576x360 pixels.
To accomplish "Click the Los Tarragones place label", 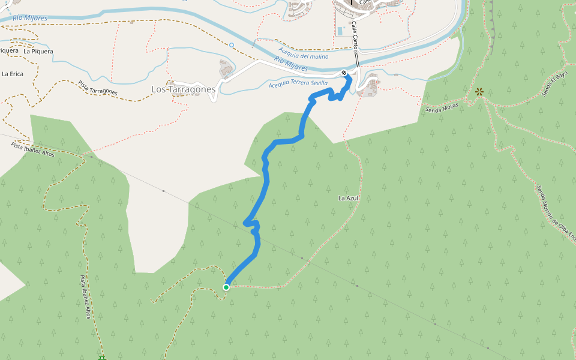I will tap(183, 89).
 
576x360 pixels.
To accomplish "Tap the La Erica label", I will tap(13, 74).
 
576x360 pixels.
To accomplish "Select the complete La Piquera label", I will tap(38, 52).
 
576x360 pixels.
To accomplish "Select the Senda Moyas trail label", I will tap(442, 108).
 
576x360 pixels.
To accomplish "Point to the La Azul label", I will tap(348, 198).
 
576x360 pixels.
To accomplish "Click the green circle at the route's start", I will tap(226, 287).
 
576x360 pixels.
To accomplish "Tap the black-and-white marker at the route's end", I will tap(344, 73).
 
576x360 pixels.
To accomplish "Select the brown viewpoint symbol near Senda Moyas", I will tap(479, 92).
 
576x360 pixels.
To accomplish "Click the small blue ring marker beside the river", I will tap(232, 45).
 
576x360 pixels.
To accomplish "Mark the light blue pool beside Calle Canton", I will tap(341, 31).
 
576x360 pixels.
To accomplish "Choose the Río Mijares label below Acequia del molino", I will tap(290, 62).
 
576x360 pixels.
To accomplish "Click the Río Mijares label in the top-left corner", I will tap(29, 19).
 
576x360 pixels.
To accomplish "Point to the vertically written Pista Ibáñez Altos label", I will tap(85, 297).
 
